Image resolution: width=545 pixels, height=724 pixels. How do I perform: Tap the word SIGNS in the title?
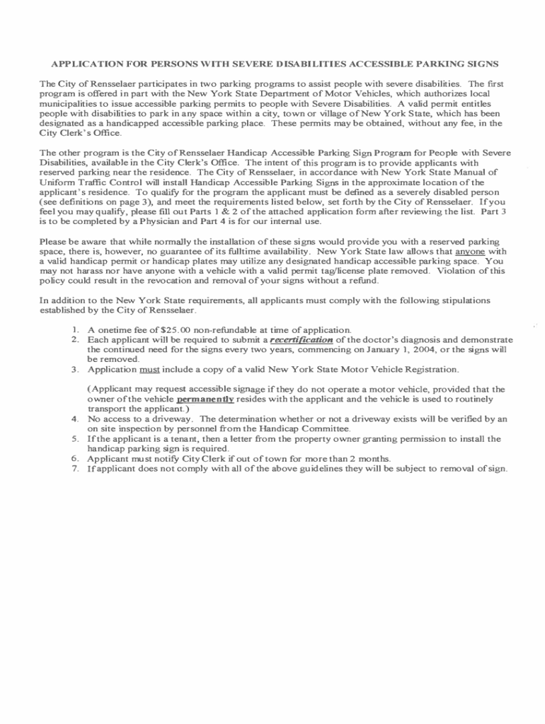point(483,64)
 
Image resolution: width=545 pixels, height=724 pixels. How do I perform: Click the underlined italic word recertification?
point(302,339)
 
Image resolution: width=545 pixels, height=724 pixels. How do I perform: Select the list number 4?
point(75,419)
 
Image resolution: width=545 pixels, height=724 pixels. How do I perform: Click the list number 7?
point(75,468)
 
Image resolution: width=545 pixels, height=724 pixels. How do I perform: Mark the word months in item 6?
point(375,458)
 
